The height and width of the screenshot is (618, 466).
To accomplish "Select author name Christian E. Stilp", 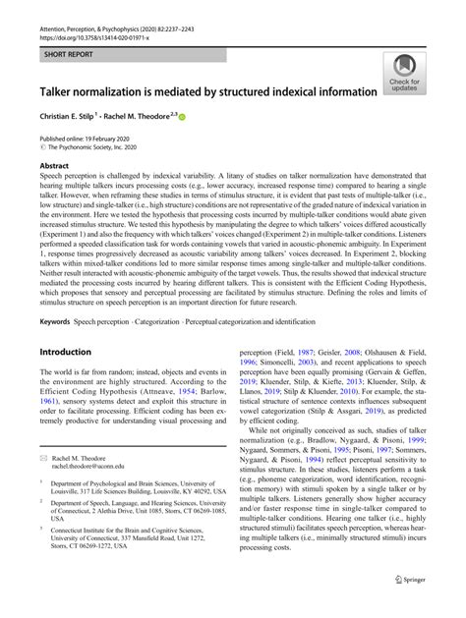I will [78, 116].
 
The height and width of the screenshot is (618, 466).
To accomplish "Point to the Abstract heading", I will [54, 167].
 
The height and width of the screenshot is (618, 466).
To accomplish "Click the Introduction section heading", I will [65, 351].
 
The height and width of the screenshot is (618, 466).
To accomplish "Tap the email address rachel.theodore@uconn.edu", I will [93, 467].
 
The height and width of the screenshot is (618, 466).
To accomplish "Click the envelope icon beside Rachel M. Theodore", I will [43, 457].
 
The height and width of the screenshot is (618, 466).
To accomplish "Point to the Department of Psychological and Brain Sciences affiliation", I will [123, 484].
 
